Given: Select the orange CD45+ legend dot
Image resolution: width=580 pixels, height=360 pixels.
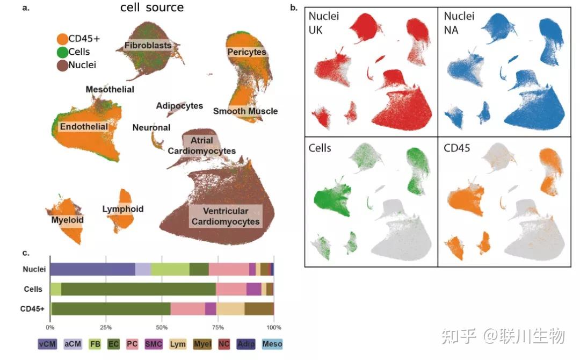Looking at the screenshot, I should point(62,39).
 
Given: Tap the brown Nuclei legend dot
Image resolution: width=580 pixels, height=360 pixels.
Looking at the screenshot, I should point(62,65).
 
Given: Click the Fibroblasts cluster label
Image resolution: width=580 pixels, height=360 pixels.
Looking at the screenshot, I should point(148,46).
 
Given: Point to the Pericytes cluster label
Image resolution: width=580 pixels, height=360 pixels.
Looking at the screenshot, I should point(247,52).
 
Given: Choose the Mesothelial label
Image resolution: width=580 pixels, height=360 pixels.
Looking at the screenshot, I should point(110,89).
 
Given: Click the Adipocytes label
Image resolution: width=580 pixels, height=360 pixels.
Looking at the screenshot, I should point(179,106).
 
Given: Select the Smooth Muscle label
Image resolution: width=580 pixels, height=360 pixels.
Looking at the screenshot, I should point(245,111).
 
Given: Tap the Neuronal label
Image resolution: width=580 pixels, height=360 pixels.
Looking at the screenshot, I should point(151,127).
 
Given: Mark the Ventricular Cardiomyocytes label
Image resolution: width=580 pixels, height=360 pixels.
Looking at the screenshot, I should point(226,216).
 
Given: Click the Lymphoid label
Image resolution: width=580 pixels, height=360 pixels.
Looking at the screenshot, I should point(123,209).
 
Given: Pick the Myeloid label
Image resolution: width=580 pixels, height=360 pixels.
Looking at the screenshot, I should point(68,220).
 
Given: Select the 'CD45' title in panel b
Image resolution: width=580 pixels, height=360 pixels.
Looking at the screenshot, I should point(457,147).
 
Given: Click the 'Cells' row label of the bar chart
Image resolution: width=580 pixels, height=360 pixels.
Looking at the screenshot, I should point(33,289).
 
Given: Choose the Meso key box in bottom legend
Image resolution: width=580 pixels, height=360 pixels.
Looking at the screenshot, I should point(272,344).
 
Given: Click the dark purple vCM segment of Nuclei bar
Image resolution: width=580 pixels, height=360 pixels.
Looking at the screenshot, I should point(92,269).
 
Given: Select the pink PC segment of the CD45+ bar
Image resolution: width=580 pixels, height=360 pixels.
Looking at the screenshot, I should point(187,309).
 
